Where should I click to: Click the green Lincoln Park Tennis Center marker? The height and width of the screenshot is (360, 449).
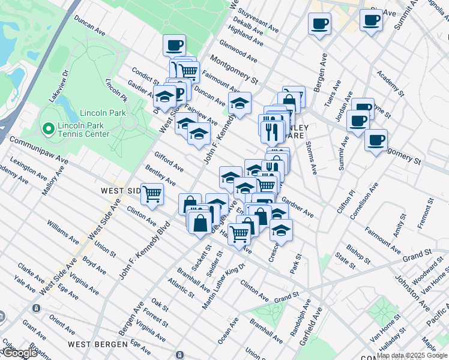(47, 128)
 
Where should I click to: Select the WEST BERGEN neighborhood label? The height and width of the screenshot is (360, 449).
(97, 344)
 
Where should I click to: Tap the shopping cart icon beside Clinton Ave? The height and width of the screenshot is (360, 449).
(152, 194)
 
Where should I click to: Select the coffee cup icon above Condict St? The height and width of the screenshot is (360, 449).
(174, 45)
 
